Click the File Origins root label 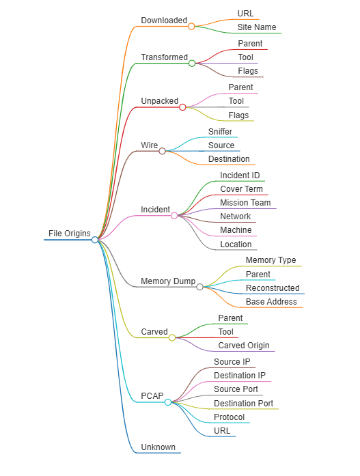point(70,233)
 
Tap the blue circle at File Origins point(95,240)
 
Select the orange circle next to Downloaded point(191,27)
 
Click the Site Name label point(256,27)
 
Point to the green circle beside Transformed point(192,63)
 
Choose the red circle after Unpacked point(182,107)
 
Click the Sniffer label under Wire point(220,131)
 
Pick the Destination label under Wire point(229,158)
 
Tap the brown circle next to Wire point(162,151)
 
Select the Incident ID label point(240,175)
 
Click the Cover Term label point(241,188)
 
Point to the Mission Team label point(245,202)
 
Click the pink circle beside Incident point(174,216)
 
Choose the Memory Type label point(271,260)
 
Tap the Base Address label point(271,301)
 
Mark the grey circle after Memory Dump point(199,287)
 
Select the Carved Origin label point(244,346)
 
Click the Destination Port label point(243,403)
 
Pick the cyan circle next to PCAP point(168,402)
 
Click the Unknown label point(158,447)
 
